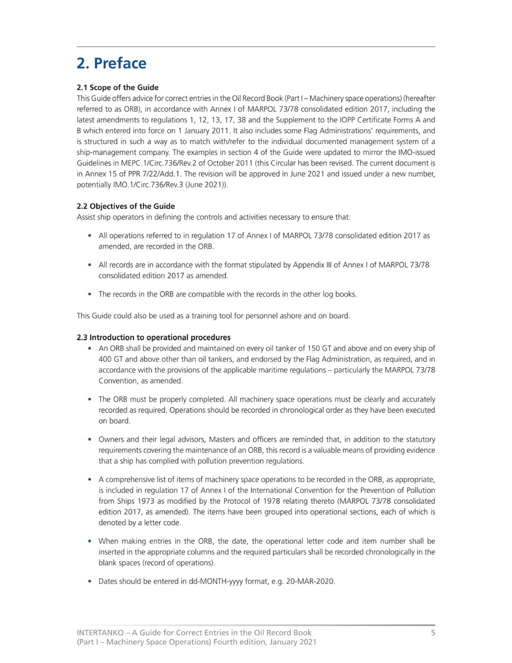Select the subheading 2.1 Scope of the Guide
(117, 87)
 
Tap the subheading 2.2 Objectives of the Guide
(125, 206)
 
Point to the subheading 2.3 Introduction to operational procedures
(153, 337)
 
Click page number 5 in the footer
(433, 633)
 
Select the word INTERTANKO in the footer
(100, 633)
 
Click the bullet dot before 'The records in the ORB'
(89, 294)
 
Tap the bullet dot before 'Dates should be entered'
(89, 581)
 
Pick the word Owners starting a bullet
(110, 439)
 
